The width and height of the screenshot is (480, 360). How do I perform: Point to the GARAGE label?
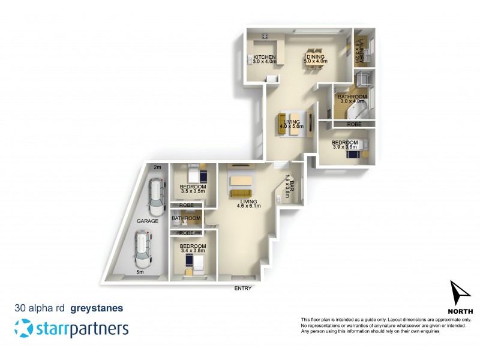(x=147, y=221)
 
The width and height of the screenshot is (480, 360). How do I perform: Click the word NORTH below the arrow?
(x=460, y=311)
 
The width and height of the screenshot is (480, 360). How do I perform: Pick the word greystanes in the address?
(x=97, y=308)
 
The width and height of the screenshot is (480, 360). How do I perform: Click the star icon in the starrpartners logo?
(x=23, y=329)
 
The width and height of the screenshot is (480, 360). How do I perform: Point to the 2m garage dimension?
(x=158, y=167)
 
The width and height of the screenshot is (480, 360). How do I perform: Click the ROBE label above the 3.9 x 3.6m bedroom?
(x=354, y=124)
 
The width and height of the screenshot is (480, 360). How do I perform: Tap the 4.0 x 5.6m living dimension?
(x=293, y=127)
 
